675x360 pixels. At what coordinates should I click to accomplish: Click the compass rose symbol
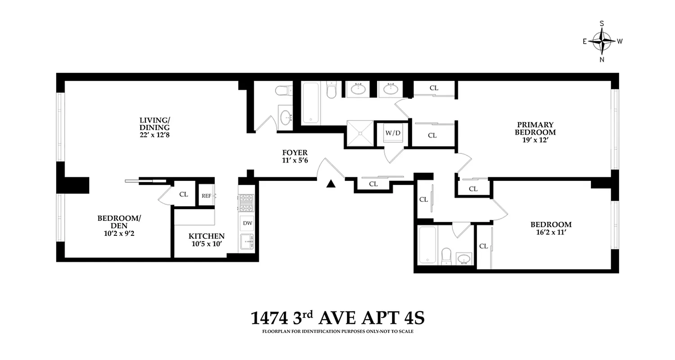pos(602,41)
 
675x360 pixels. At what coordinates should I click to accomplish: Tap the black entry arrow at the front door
pos(331,183)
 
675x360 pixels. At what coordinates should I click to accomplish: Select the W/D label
pos(392,133)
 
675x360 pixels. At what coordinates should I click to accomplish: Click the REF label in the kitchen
pos(207,196)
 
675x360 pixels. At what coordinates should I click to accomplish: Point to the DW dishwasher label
pos(247,223)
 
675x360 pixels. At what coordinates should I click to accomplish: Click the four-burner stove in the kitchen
pos(247,202)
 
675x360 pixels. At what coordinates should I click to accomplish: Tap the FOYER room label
pos(295,153)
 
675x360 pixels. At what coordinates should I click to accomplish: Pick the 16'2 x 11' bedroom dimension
pos(551,233)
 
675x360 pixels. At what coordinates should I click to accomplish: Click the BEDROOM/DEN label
pos(119,222)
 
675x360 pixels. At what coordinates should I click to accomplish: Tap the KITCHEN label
pos(206,236)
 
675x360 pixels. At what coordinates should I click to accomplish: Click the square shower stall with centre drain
pos(360,133)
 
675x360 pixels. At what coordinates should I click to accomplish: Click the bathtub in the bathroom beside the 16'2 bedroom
pos(427,245)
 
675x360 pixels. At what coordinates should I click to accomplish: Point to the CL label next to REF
pos(184,194)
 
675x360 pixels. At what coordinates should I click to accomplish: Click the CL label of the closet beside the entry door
pos(373,184)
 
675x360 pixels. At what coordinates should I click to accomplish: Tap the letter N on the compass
pos(602,59)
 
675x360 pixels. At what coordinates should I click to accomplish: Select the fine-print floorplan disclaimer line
pos(337,332)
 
